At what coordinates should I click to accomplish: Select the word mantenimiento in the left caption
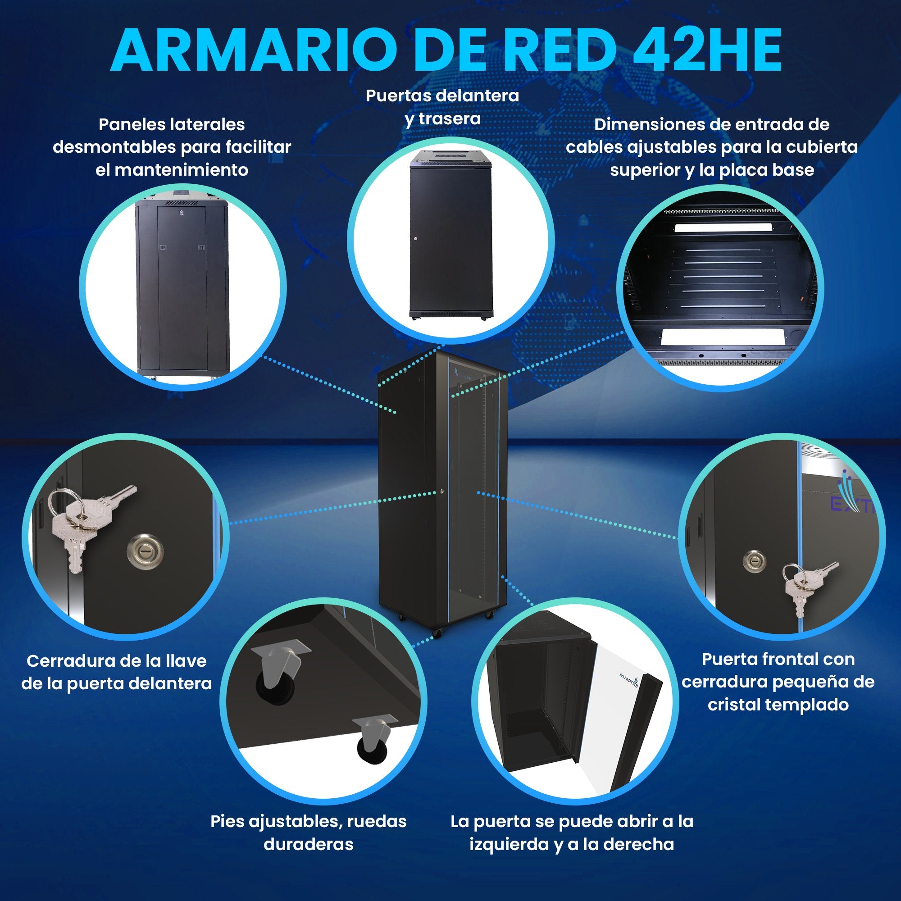coord(172,169)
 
